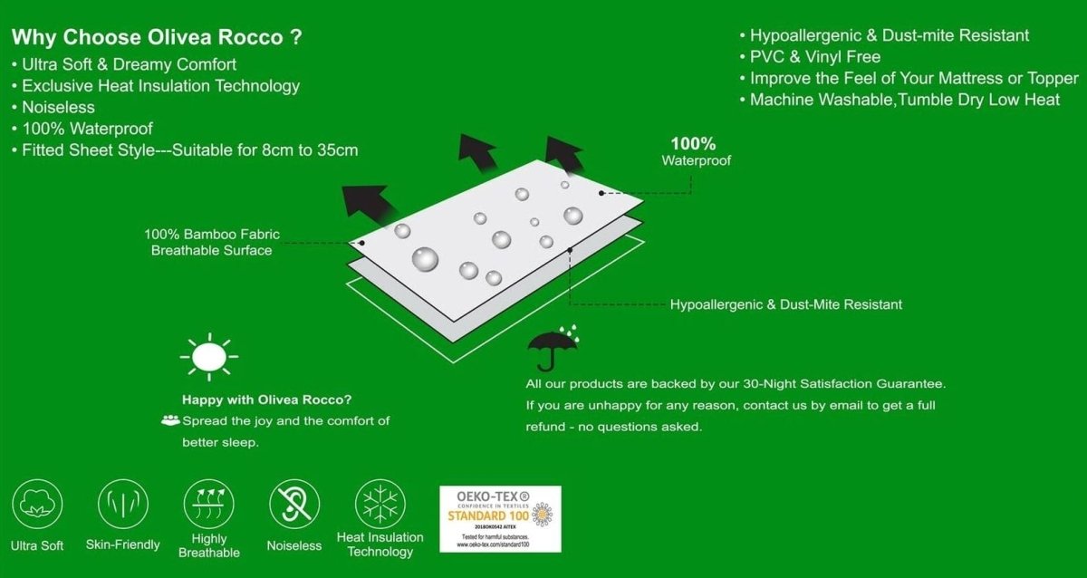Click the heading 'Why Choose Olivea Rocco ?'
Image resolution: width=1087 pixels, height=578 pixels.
[x=157, y=38]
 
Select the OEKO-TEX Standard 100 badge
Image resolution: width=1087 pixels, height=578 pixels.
[x=500, y=519]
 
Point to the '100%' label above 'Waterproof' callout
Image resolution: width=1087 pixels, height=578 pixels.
[x=693, y=143]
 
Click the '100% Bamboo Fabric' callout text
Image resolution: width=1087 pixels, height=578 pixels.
[x=212, y=235]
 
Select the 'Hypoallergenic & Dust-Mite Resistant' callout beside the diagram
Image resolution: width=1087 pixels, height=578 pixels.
[x=786, y=304]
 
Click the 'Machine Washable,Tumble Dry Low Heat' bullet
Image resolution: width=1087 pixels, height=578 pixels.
[x=904, y=100]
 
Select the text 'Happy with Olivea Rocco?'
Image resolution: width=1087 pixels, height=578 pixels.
[x=266, y=400]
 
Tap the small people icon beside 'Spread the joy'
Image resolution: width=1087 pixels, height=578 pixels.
[x=170, y=420]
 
